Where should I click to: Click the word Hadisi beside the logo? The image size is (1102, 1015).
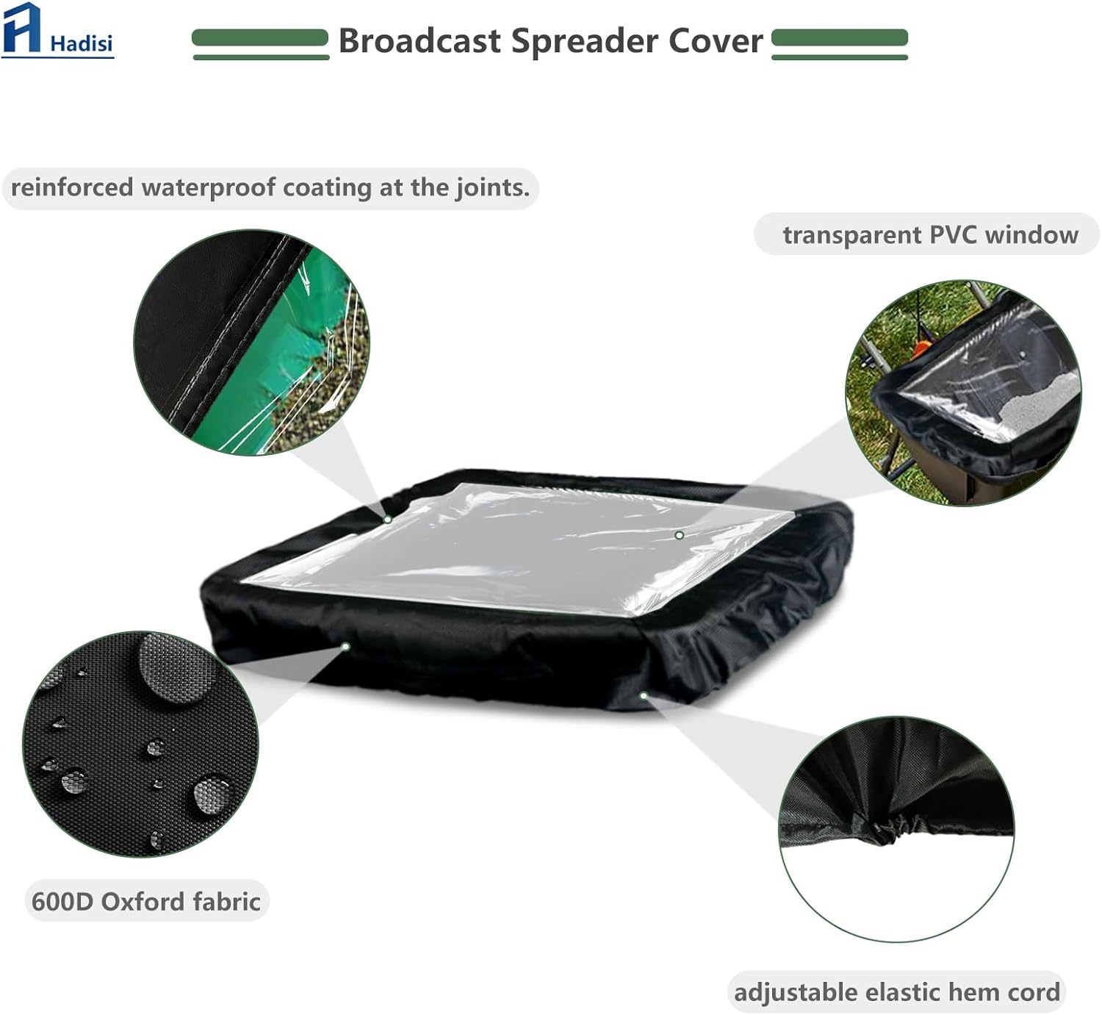pyautogui.click(x=82, y=43)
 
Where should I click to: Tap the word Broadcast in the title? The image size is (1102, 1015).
pyautogui.click(x=419, y=41)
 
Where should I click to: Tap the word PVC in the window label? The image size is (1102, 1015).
pyautogui.click(x=952, y=234)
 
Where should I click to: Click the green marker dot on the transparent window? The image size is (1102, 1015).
pyautogui.click(x=679, y=535)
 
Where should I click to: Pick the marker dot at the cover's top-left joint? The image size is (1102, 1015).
pyautogui.click(x=387, y=519)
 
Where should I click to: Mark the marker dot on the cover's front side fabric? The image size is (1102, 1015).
pyautogui.click(x=345, y=646)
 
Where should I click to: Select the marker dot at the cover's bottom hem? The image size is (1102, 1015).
pyautogui.click(x=644, y=696)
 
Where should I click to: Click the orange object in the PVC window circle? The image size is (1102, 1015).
pyautogui.click(x=923, y=348)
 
